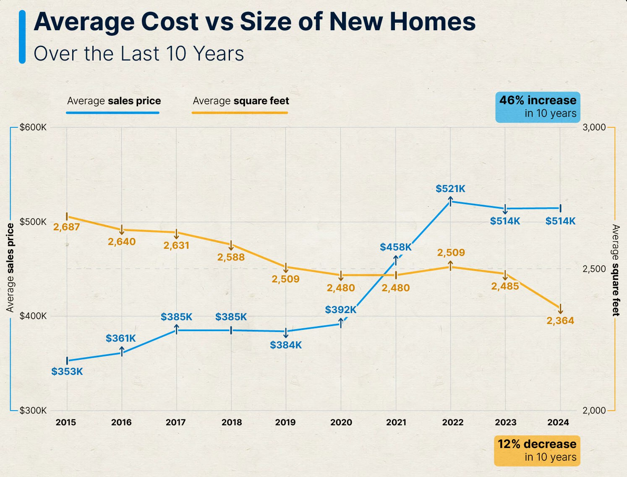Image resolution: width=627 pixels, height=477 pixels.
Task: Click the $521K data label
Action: click(x=450, y=189)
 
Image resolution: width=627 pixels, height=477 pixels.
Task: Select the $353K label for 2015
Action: click(x=67, y=372)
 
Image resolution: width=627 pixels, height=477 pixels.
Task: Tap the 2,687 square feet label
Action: click(x=66, y=227)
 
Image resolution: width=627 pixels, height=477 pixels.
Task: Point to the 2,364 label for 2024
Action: click(x=560, y=321)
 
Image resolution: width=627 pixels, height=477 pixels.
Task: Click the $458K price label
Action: click(x=395, y=247)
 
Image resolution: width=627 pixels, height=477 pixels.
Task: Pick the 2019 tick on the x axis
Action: click(x=285, y=422)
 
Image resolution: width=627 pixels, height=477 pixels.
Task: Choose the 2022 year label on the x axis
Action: click(x=452, y=422)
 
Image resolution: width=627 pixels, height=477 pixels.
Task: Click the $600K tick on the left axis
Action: click(x=33, y=127)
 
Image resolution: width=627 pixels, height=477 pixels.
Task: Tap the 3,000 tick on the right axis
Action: click(x=594, y=127)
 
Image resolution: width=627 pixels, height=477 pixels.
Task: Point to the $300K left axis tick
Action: click(x=33, y=411)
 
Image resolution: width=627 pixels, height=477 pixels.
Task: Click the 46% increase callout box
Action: click(x=538, y=107)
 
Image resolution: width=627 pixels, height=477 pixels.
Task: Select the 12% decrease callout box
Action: click(x=537, y=451)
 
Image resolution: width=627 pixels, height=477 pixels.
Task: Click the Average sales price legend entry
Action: click(x=114, y=101)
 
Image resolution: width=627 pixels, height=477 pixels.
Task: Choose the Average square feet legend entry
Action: click(x=240, y=101)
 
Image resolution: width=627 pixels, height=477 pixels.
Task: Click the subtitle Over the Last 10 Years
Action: click(x=138, y=54)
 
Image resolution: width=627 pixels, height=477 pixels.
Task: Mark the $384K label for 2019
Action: click(x=286, y=345)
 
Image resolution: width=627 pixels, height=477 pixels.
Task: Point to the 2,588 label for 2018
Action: click(x=231, y=257)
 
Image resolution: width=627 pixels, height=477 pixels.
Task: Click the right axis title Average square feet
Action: click(x=615, y=270)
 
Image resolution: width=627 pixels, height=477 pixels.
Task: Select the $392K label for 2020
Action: click(x=340, y=310)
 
